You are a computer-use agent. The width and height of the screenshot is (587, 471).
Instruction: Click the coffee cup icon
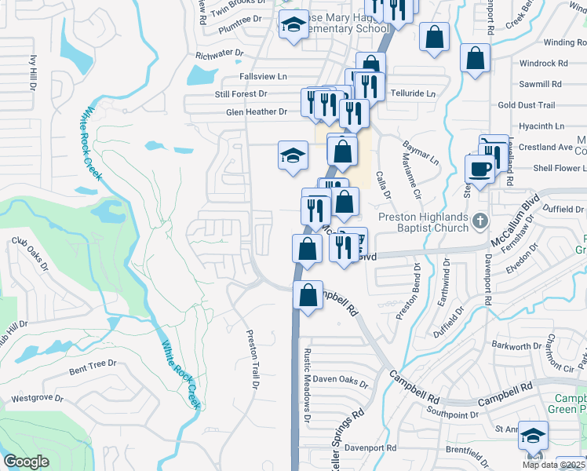pyautogui.click(x=479, y=169)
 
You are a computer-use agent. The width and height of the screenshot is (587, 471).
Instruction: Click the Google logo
pyautogui.click(x=27, y=462)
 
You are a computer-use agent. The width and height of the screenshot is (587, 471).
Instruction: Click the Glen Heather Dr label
pyautogui.click(x=256, y=111)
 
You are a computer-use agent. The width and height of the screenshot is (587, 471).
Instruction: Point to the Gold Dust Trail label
pyautogui.click(x=526, y=105)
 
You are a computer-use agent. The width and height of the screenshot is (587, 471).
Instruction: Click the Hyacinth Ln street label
pyautogui.click(x=541, y=126)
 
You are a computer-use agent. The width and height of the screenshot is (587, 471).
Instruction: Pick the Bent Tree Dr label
pyautogui.click(x=93, y=363)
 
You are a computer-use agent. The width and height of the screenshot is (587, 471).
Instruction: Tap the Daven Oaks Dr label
pyautogui.click(x=341, y=382)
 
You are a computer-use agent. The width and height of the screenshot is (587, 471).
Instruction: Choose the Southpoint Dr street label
pyautogui.click(x=452, y=414)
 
